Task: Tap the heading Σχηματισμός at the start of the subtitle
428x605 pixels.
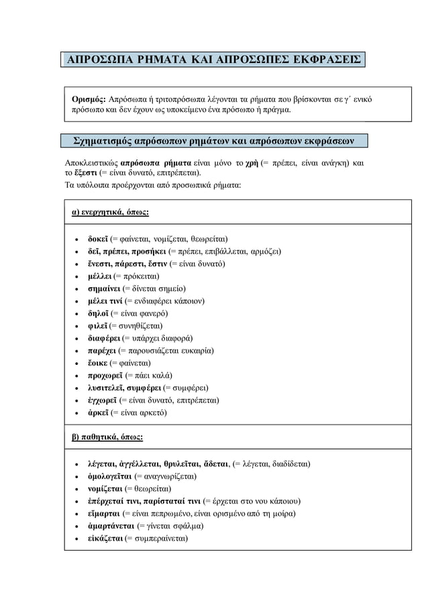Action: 102,142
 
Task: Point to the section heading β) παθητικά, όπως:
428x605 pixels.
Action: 107,437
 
